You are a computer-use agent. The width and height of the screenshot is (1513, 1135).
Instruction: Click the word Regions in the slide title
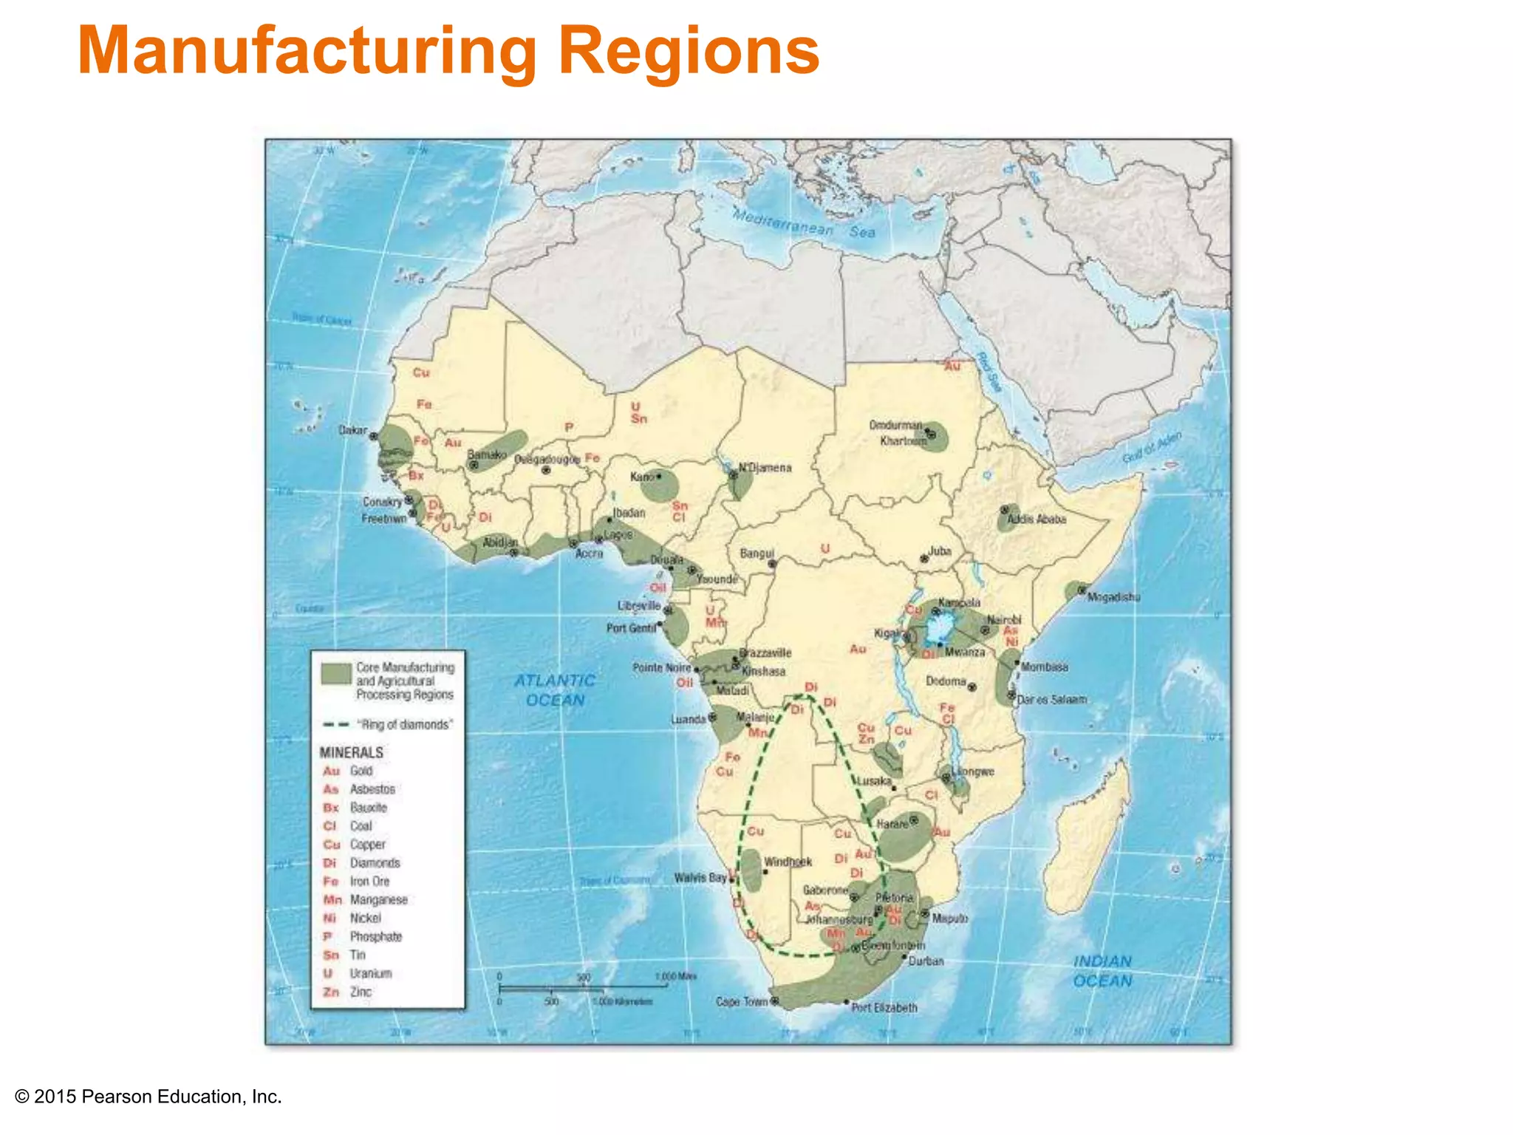click(689, 50)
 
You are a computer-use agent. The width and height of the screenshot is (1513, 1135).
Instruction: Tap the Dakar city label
click(352, 430)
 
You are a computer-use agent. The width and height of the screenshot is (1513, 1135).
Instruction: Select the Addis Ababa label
click(1036, 519)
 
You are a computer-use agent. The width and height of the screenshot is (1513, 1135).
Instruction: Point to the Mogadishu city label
click(1113, 596)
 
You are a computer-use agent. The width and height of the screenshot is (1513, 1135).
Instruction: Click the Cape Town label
click(742, 1002)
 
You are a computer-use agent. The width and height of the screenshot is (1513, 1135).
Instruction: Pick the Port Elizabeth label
click(884, 1007)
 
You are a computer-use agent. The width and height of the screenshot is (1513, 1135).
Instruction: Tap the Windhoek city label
click(788, 862)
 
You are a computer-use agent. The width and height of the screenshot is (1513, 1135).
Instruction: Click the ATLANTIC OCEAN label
click(555, 690)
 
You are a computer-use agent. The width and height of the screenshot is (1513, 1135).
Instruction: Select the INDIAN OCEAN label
click(1102, 971)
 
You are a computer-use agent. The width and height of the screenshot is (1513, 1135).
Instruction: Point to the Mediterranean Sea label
click(803, 223)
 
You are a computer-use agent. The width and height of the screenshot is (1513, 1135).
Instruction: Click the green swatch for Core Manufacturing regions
click(335, 673)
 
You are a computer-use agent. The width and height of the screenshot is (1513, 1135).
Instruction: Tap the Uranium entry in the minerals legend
click(370, 973)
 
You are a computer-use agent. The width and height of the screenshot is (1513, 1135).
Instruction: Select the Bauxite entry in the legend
click(368, 808)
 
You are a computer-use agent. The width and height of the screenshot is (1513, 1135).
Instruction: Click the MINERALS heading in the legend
click(352, 752)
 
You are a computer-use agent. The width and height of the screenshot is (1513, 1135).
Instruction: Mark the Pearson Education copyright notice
click(148, 1097)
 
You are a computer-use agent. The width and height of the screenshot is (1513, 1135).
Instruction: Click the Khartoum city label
click(903, 441)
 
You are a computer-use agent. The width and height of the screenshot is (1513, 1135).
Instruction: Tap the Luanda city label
click(689, 719)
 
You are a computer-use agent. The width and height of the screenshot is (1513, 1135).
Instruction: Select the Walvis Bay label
click(700, 878)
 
